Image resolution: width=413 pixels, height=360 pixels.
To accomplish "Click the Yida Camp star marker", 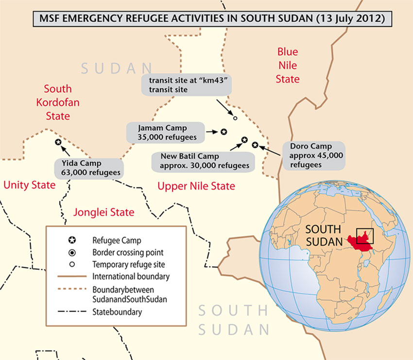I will click(x=58, y=142).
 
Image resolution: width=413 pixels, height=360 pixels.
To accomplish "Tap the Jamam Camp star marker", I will click(x=224, y=131).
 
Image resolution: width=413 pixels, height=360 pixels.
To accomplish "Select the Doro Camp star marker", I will click(x=255, y=145).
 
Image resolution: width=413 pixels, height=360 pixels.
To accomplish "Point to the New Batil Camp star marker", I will click(x=244, y=140).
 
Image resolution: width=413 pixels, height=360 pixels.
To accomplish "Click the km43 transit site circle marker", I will click(x=235, y=118).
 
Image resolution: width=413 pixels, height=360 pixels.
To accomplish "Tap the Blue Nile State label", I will click(x=287, y=65).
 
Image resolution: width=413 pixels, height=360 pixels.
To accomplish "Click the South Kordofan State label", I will click(x=58, y=102).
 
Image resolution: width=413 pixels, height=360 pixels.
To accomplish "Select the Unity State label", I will click(x=29, y=185).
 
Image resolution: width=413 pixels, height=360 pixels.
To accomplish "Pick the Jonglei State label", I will click(x=103, y=212).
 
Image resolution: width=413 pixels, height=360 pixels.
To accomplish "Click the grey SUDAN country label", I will click(x=116, y=69).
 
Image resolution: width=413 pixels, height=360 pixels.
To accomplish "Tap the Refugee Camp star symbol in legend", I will click(x=72, y=240).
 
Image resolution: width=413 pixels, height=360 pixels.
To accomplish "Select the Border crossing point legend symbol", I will click(x=72, y=252).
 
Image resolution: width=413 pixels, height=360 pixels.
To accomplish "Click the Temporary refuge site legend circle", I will click(x=72, y=265).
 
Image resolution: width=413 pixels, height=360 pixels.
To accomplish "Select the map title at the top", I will click(x=206, y=19).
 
